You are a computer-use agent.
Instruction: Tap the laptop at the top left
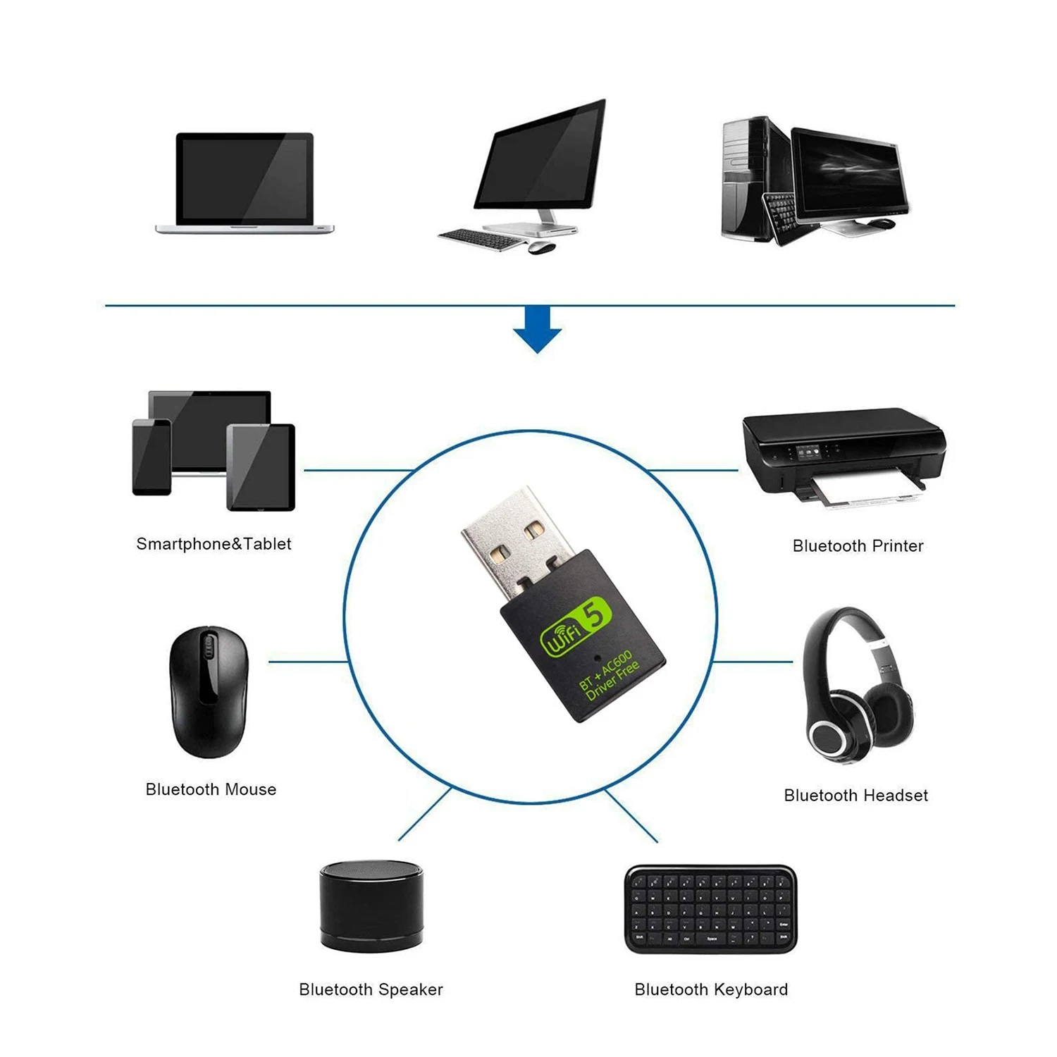tap(244, 182)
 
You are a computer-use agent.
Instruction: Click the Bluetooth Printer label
tap(858, 546)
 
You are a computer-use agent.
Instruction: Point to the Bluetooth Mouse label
tap(211, 789)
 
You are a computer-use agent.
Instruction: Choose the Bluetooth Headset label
tap(855, 796)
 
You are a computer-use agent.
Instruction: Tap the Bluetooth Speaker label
tap(371, 989)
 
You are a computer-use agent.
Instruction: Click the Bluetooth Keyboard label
tap(711, 989)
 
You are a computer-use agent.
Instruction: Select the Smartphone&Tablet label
tap(214, 544)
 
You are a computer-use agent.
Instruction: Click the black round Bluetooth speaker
tap(371, 905)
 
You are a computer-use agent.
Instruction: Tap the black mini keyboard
tap(710, 909)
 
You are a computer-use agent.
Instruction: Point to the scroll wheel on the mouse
tap(207, 645)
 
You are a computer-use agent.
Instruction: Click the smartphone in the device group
tap(152, 457)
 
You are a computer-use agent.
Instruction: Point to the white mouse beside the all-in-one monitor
tap(540, 247)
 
